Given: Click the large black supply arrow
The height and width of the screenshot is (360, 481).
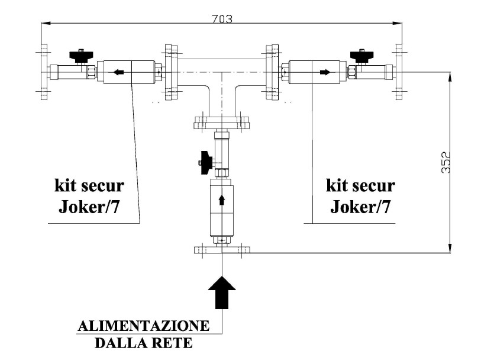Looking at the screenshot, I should (222, 292).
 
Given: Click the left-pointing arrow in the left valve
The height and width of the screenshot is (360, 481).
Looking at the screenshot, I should (119, 72).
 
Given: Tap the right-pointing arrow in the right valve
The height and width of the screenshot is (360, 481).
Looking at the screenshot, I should (325, 72).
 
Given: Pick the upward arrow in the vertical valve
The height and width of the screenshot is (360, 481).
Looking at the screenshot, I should (222, 200).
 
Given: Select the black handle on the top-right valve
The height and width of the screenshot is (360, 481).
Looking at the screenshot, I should (361, 56).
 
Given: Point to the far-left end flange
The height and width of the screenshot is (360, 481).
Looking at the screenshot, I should (44, 72).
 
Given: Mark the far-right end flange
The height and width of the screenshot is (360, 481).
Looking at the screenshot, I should (399, 72).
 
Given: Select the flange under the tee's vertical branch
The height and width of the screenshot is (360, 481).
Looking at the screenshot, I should (222, 123).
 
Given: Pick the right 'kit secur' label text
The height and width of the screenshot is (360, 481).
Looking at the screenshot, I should (360, 185).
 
